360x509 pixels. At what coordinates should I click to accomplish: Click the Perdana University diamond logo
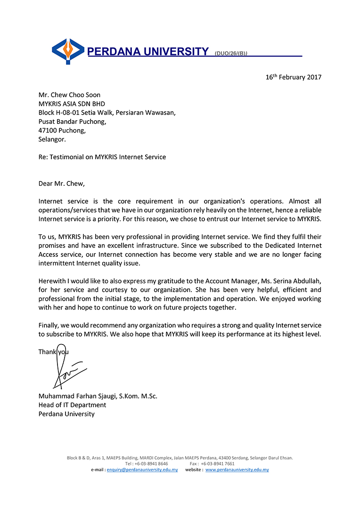[x=68, y=51]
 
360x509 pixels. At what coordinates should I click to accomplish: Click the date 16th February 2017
[x=294, y=77]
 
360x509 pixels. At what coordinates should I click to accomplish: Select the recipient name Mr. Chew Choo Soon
[x=69, y=95]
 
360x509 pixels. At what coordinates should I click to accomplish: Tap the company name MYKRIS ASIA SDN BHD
[x=72, y=104]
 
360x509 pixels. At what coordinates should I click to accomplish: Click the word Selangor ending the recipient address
[x=52, y=139]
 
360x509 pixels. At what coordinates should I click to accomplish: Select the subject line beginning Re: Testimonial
[x=102, y=157]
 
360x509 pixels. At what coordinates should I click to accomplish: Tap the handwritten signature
[x=66, y=368]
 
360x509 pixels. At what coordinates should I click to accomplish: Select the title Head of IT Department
[x=72, y=405]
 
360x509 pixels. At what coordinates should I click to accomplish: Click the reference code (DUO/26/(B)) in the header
[x=231, y=54]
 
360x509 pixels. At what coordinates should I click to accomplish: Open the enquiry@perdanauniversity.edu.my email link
[x=142, y=470]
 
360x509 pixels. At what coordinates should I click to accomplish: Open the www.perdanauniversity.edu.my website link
[x=237, y=470]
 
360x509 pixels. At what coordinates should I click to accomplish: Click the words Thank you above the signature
[x=53, y=352]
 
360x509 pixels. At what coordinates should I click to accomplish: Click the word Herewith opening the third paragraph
[x=53, y=281]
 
